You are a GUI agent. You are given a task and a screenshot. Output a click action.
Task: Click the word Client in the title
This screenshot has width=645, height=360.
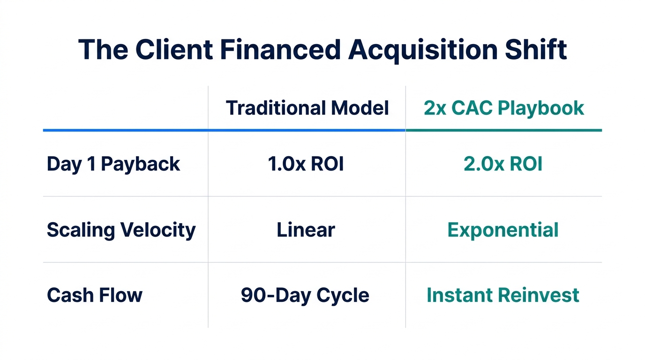point(169,49)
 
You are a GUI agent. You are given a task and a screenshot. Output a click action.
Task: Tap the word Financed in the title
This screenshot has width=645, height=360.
point(280,49)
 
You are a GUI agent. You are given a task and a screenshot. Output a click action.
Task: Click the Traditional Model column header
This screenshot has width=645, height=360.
point(307,108)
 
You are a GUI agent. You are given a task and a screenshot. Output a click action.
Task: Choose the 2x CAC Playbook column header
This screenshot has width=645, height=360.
point(504,108)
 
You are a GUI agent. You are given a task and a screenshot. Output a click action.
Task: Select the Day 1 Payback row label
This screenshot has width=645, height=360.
point(113,164)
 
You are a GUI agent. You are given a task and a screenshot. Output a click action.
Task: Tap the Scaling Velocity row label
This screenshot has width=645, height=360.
point(121,230)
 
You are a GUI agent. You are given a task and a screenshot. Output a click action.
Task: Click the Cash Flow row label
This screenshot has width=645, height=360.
point(95,295)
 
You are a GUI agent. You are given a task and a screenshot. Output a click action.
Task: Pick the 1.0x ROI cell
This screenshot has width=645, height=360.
point(306,164)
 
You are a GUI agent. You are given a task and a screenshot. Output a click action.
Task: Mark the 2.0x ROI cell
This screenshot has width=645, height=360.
point(503,164)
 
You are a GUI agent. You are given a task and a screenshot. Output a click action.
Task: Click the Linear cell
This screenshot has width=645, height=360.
point(306,230)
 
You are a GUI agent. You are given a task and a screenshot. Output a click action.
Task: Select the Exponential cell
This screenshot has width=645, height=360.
point(503,230)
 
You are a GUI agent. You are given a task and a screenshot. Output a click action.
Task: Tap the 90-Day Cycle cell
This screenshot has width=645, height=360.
point(305,295)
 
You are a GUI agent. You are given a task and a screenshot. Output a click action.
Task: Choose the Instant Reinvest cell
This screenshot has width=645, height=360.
point(503,295)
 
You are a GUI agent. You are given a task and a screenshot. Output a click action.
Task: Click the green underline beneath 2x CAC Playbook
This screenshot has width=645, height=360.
point(504,130)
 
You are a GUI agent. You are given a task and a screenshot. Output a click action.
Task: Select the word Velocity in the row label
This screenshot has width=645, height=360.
point(158,230)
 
